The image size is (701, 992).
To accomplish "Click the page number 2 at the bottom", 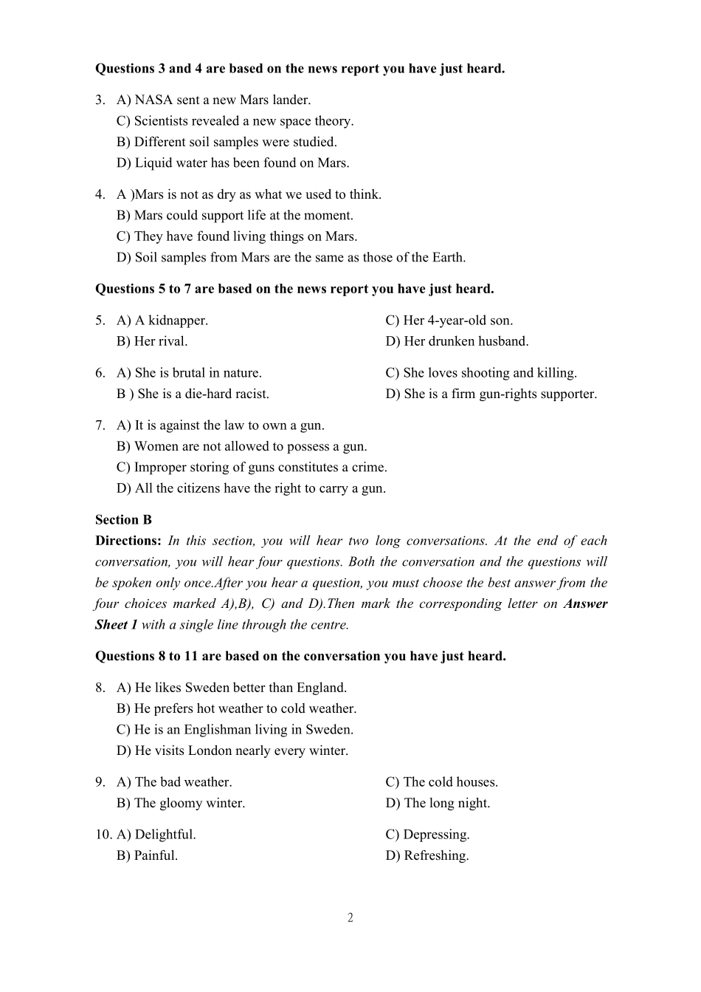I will pyautogui.click(x=350, y=917).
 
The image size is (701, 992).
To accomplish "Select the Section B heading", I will pyautogui.click(x=123, y=520).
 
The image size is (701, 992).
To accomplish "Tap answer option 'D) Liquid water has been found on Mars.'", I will pyautogui.click(x=232, y=163).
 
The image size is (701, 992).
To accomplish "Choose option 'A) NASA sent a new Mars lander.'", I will pyautogui.click(x=213, y=100).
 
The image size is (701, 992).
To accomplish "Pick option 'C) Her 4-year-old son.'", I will pyautogui.click(x=449, y=321).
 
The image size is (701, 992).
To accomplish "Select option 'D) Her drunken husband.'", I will pyautogui.click(x=457, y=341).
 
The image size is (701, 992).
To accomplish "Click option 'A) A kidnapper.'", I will pyautogui.click(x=162, y=321).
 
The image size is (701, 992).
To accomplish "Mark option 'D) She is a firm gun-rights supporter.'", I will pyautogui.click(x=491, y=394).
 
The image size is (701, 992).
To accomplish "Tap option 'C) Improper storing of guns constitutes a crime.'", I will pyautogui.click(x=252, y=467).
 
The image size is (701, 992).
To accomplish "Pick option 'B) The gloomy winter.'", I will pyautogui.click(x=181, y=803).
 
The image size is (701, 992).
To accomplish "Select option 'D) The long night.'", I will pyautogui.click(x=438, y=803).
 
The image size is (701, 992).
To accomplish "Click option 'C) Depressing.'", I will pyautogui.click(x=427, y=835).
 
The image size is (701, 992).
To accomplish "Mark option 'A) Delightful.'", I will pyautogui.click(x=156, y=835).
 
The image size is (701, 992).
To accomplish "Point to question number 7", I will pyautogui.click(x=100, y=425).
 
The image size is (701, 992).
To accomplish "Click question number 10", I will pyautogui.click(x=103, y=835).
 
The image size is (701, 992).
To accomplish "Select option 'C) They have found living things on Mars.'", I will pyautogui.click(x=236, y=236).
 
